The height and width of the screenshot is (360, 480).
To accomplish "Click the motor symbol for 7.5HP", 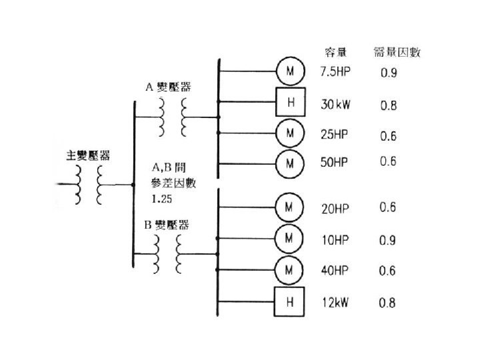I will (x=290, y=71).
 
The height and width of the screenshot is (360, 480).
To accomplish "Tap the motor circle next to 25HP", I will (x=290, y=133).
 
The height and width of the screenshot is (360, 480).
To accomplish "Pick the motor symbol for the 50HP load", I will (x=290, y=162).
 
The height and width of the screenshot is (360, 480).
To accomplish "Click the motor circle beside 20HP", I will (x=290, y=206).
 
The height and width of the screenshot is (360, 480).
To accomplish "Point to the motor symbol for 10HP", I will (x=290, y=237).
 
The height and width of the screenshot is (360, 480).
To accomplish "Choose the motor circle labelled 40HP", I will (x=290, y=270).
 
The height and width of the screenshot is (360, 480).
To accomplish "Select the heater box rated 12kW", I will (x=290, y=303).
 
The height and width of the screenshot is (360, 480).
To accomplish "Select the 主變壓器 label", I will (x=89, y=155).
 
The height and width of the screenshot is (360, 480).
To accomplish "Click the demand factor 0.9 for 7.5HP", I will (x=388, y=73).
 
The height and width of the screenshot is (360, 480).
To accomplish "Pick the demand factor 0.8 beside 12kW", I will (x=387, y=303).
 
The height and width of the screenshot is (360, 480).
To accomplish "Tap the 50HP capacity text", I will (x=335, y=163).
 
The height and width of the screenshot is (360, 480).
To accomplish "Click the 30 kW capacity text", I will (x=335, y=105).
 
